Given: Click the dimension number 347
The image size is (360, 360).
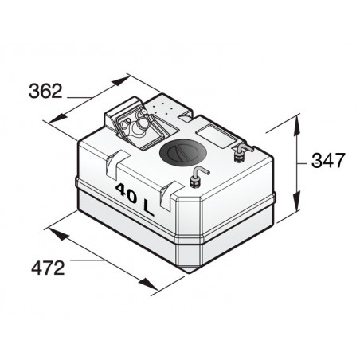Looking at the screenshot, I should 327,160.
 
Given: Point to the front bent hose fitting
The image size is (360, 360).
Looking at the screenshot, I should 198,175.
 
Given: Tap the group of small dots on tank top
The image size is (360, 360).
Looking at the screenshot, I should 164,108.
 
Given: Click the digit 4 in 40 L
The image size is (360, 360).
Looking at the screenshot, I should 121,190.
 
